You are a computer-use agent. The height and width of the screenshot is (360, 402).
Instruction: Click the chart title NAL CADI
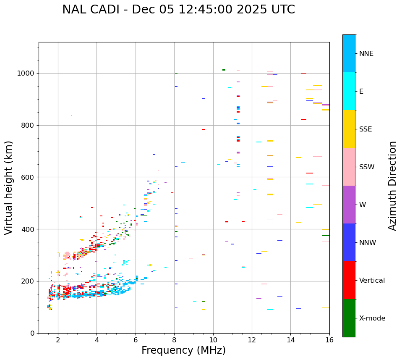(x=178, y=10)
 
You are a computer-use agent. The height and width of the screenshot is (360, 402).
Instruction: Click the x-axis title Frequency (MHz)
(x=183, y=350)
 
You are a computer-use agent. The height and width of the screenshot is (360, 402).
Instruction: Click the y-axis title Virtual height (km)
(x=9, y=188)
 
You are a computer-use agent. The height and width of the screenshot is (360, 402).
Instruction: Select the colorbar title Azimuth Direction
(x=392, y=186)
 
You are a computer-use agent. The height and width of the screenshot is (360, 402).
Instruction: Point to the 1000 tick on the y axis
(x=28, y=73)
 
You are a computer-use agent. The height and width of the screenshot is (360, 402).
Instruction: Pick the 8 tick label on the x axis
(x=174, y=340)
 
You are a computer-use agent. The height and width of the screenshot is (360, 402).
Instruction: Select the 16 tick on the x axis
(x=329, y=340)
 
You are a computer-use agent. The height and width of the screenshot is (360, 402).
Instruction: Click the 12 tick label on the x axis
(x=252, y=340)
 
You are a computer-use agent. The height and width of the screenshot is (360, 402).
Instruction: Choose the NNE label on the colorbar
(x=366, y=54)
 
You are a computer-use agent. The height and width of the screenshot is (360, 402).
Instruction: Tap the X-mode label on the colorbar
(x=372, y=318)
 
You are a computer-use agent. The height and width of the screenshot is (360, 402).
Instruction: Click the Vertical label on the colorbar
(x=372, y=281)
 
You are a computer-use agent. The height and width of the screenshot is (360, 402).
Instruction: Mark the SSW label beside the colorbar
(x=366, y=167)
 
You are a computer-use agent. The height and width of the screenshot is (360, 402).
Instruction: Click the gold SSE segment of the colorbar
(x=349, y=129)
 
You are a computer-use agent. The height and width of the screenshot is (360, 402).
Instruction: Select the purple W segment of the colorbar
(x=349, y=205)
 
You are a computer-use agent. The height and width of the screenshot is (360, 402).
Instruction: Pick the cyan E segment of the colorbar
(x=349, y=91)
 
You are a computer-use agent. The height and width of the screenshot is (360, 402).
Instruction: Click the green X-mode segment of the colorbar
(x=349, y=318)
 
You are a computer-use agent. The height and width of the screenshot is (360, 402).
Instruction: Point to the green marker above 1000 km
(x=224, y=70)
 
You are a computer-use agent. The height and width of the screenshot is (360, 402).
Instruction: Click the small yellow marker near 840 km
(x=71, y=116)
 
